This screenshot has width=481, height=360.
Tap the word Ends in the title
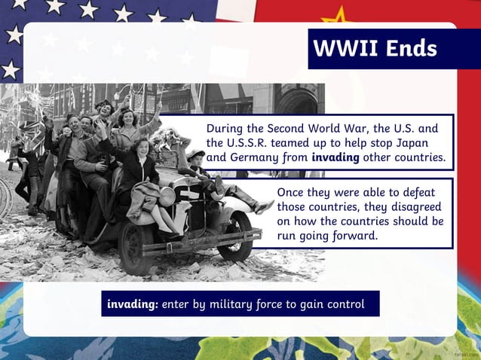tap(409, 49)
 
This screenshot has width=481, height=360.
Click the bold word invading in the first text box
tap(335, 158)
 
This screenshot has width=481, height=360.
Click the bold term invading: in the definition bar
tap(133, 304)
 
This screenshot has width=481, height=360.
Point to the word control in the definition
tap(344, 304)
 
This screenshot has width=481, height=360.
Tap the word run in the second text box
tap(287, 235)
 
